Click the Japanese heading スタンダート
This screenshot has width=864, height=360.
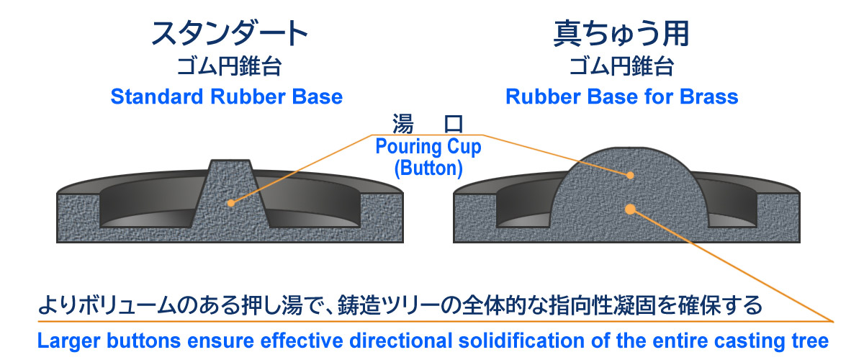pos(229,34)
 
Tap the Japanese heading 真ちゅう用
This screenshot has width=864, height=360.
pos(621,34)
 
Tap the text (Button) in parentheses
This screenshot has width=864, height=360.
pos(428,168)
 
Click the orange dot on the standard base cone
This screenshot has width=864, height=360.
pos(230,203)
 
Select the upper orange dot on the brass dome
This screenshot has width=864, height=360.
pos(630,175)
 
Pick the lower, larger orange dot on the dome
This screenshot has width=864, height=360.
pos(630,209)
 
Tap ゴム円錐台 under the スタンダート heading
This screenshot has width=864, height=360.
pos(229,68)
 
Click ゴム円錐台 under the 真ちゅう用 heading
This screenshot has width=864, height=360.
pos(621,68)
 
